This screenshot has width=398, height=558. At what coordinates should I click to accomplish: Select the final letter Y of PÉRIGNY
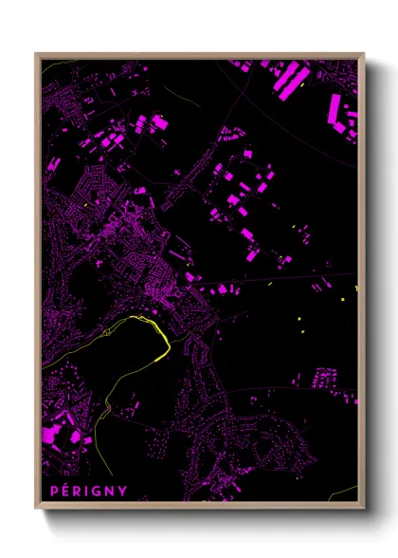[x=122, y=490]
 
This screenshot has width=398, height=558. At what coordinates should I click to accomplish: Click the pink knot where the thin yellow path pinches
[x=108, y=407]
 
